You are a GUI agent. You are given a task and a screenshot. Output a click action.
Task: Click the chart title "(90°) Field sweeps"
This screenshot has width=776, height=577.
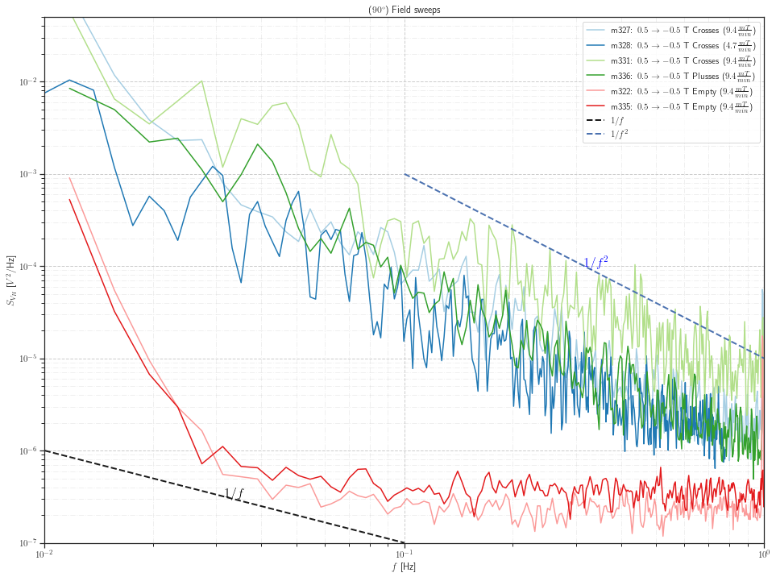click(404, 10)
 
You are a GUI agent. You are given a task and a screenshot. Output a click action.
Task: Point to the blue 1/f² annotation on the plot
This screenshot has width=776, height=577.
click(595, 263)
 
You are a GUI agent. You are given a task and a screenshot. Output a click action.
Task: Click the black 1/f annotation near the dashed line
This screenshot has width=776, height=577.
click(234, 493)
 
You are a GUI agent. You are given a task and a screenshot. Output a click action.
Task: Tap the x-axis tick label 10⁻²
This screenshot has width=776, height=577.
click(44, 554)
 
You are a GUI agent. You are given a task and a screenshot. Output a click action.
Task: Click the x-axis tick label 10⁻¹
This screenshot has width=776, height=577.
click(404, 554)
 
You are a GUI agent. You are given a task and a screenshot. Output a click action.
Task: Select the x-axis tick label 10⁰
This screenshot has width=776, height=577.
click(763, 554)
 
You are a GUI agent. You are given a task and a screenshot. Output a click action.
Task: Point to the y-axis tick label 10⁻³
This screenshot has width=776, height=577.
click(30, 174)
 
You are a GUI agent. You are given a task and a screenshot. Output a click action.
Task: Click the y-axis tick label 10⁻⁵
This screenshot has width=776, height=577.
click(30, 359)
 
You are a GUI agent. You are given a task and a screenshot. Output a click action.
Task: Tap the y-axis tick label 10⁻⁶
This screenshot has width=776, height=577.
click(30, 451)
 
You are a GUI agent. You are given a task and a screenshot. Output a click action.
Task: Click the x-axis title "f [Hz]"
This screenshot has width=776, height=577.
click(404, 567)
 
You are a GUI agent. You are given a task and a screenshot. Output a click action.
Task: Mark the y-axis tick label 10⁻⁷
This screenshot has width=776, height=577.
click(30, 543)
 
